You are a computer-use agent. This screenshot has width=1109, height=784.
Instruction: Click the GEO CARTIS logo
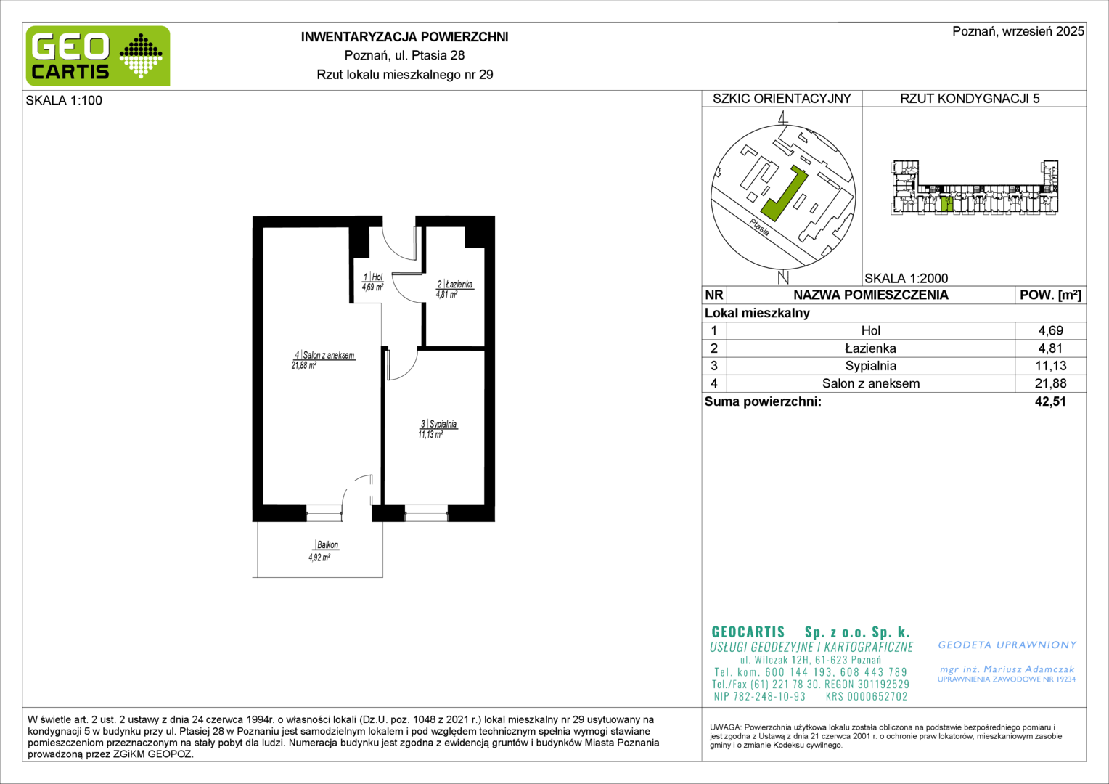98,56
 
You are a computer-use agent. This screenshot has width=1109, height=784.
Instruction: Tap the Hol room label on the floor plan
377,277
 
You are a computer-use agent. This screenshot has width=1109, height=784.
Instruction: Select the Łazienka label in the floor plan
459,285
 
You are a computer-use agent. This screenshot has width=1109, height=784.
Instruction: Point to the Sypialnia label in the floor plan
443,424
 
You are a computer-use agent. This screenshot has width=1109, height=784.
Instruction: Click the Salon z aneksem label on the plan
328,355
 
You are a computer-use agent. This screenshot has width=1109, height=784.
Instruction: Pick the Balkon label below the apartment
327,544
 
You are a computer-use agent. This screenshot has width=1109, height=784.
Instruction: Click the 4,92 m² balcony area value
319,558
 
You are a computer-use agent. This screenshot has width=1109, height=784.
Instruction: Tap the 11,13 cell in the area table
1051,366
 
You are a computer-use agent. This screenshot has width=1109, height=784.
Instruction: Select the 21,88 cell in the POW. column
1051,383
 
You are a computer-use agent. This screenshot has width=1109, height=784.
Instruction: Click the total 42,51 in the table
1050,401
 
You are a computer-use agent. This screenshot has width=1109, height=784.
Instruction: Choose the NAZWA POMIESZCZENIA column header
871,295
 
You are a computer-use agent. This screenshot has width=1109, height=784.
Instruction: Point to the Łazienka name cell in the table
871,348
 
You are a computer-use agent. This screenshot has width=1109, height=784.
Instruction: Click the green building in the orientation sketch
784,194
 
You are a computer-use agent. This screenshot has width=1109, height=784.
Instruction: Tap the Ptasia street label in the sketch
760,226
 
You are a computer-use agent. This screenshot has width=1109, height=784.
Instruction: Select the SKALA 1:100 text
64,100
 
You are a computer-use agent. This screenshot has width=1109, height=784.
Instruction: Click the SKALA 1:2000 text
907,278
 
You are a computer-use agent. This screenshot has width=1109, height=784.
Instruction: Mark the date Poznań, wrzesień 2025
1018,31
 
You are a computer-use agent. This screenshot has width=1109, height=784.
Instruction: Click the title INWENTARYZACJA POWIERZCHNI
404,37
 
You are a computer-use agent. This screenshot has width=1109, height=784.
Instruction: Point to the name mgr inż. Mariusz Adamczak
1007,669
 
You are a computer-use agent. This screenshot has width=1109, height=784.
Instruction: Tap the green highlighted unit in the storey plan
946,204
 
